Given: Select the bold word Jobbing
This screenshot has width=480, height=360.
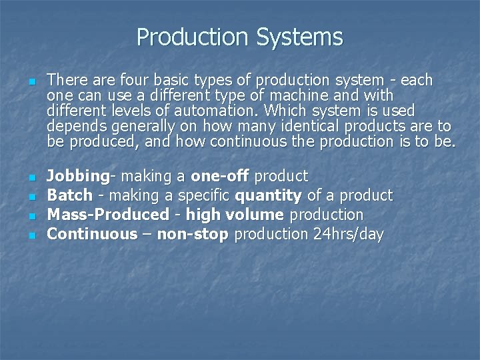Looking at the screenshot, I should coord(78,177).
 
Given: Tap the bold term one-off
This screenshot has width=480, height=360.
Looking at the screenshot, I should coord(220,177).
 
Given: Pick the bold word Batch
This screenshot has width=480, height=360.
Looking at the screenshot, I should coord(69,196).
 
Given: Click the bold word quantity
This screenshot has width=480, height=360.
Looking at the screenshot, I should coord(268,196).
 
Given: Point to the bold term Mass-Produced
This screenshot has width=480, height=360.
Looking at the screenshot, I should coord(109,215).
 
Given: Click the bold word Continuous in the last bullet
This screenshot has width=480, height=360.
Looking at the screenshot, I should coord(91,235).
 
